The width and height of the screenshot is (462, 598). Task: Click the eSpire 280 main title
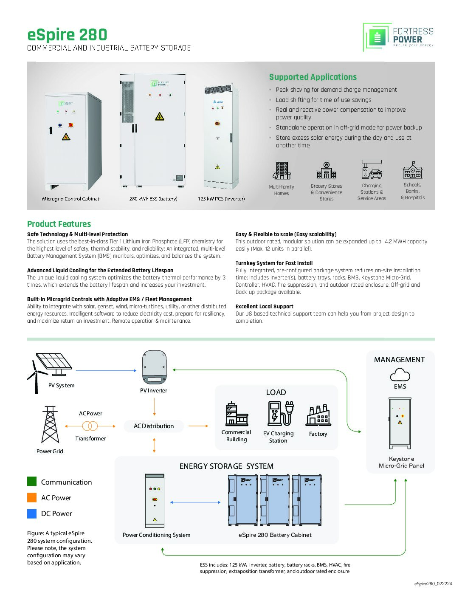[67, 35]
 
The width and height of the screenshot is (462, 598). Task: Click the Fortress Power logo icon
[377, 37]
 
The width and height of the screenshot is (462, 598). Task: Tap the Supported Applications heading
[313, 77]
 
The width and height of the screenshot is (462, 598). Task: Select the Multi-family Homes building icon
[282, 171]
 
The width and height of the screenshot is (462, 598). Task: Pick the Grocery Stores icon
[326, 171]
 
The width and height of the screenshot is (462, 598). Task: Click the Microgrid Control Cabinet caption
[70, 199]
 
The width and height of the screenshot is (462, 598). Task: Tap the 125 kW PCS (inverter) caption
[221, 199]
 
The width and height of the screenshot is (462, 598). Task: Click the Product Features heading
[59, 224]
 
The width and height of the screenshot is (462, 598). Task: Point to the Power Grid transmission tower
[50, 425]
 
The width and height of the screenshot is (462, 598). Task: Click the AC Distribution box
[154, 426]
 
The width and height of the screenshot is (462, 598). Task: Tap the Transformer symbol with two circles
[90, 426]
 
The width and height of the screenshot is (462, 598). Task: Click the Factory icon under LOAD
[318, 415]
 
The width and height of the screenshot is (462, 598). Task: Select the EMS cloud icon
[400, 375]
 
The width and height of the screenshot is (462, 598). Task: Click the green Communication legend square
[32, 482]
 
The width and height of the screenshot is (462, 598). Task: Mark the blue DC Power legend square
[32, 513]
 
